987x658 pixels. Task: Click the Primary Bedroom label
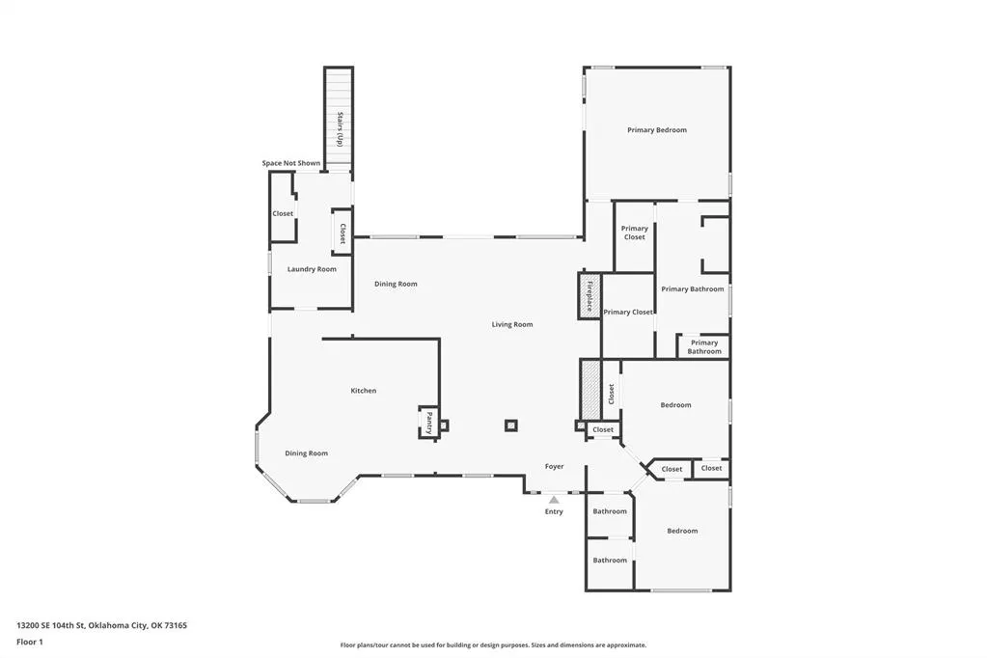[656, 130]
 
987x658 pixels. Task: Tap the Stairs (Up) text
[340, 129]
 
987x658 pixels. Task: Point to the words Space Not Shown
[290, 163]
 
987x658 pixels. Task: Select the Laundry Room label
[312, 269]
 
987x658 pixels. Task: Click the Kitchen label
[363, 391]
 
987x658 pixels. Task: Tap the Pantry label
[429, 423]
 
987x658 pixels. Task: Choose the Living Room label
[511, 325]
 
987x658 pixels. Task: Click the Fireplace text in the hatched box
[589, 296]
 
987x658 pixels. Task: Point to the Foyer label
[554, 467]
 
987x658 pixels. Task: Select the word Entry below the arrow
[554, 512]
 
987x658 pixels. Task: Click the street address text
[102, 626]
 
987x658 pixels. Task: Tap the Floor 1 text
[30, 643]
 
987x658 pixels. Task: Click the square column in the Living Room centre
[511, 425]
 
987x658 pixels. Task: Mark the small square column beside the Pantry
[444, 425]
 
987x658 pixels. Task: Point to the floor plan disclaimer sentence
[493, 644]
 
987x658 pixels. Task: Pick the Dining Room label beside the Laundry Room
[396, 284]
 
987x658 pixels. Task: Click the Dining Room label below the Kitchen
[306, 453]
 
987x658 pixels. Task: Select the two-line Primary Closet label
[635, 233]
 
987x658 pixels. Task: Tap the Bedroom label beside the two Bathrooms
[682, 531]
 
